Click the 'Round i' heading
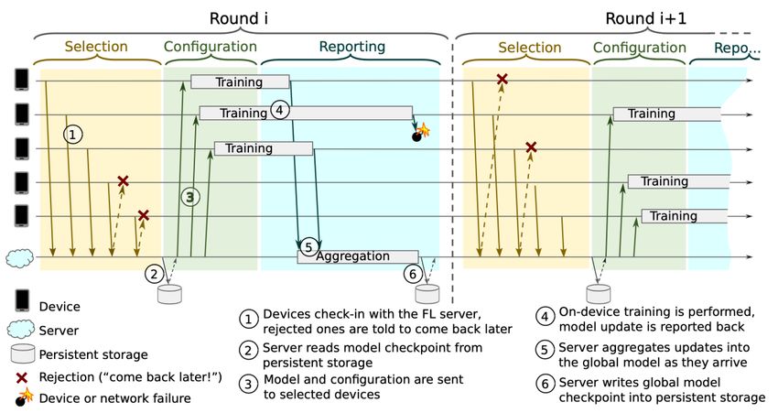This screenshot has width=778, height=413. [238, 18]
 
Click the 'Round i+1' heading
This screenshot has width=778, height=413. [645, 18]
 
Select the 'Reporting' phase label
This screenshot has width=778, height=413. [351, 47]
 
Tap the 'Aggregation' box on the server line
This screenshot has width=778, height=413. [358, 256]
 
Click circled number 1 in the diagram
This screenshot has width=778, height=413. [73, 135]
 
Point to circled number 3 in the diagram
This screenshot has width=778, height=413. [190, 197]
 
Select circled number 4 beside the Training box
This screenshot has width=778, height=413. [280, 110]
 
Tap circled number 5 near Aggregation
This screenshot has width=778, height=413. [308, 246]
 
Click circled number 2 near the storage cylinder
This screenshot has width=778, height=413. [155, 274]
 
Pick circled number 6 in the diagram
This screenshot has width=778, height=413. [413, 274]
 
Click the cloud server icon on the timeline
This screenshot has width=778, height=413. [20, 258]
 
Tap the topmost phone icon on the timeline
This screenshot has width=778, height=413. [22, 80]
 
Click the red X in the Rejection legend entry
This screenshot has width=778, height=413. [21, 378]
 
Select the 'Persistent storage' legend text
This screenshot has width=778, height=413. [93, 354]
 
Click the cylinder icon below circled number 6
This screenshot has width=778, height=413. [427, 294]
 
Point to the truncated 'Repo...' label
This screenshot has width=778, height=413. [737, 49]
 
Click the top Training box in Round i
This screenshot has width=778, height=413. [240, 82]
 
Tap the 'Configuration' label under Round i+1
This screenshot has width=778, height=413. [640, 48]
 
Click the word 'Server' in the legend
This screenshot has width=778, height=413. [59, 331]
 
